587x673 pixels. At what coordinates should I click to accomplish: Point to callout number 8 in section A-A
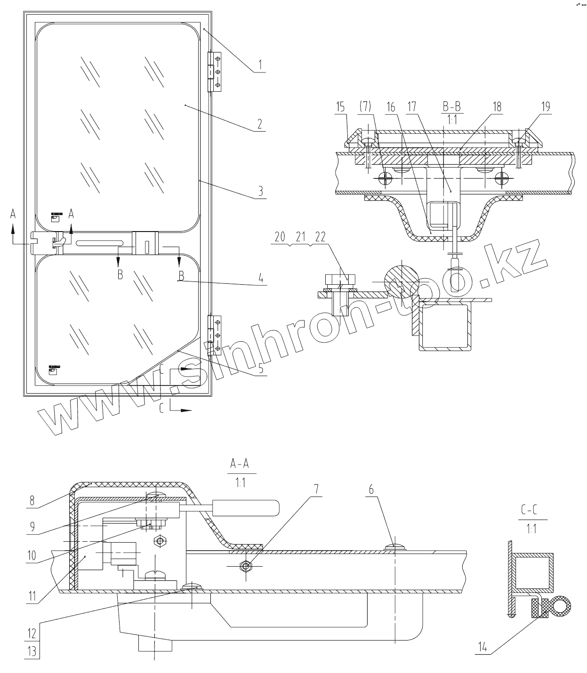pyautogui.click(x=32, y=500)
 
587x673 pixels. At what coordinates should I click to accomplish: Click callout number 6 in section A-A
pyautogui.click(x=371, y=490)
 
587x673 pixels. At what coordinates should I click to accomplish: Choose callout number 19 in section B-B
pyautogui.click(x=545, y=107)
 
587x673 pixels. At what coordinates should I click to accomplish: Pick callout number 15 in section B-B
pyautogui.click(x=340, y=107)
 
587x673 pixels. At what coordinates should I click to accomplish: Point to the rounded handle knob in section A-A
pyautogui.click(x=246, y=507)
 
